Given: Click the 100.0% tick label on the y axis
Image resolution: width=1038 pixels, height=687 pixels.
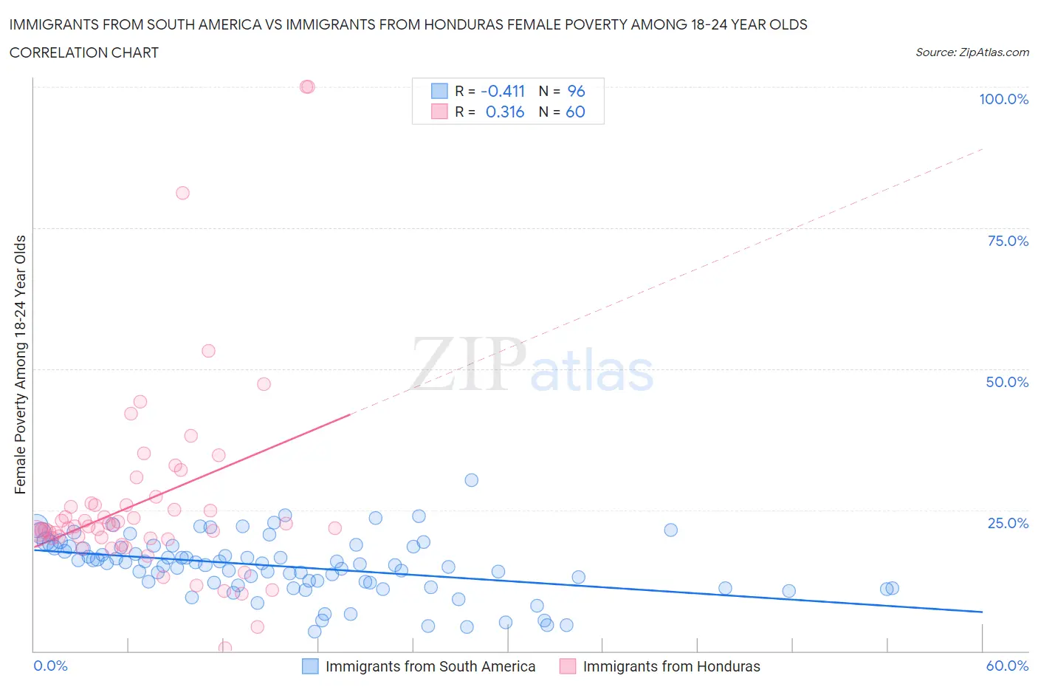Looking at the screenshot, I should point(1003,99).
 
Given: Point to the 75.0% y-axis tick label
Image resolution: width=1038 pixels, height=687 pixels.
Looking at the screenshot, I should point(1008,241).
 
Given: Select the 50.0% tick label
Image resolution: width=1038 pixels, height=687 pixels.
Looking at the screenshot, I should point(1007,382).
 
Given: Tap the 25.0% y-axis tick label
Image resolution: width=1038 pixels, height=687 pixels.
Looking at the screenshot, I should point(1008,523).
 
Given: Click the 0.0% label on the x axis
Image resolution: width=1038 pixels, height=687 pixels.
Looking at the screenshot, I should point(50,666).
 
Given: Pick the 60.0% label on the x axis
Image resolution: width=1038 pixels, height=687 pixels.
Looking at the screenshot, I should point(1007,666).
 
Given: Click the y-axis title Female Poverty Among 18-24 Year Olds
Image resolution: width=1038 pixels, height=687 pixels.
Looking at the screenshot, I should point(20,364).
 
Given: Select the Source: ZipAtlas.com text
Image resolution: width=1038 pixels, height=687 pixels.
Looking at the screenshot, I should point(972,52).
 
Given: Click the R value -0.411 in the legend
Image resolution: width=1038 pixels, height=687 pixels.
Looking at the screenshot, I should point(502,91).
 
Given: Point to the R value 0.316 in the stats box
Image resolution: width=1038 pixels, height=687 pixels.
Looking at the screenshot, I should point(504,112).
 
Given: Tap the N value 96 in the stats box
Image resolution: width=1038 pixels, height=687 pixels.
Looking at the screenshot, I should point(576,91).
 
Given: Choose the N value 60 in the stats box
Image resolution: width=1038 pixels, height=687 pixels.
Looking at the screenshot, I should point(575,112).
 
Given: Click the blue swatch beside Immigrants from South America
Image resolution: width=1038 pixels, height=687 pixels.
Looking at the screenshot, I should point(310,666).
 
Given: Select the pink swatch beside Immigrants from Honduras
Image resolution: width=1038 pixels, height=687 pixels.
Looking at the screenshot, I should point(567,666).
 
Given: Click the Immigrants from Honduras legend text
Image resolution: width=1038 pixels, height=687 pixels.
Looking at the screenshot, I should point(671,666).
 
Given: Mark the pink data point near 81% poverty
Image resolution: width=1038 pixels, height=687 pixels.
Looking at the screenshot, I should point(182,193).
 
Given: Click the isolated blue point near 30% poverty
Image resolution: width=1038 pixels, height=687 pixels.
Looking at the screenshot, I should point(471,480).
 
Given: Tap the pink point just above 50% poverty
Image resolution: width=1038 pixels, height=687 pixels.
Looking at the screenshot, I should point(208,351).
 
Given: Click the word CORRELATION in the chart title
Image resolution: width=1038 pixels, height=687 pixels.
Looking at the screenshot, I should point(52,52).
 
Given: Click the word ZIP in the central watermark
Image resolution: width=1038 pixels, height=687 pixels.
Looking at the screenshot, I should point(468,363).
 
